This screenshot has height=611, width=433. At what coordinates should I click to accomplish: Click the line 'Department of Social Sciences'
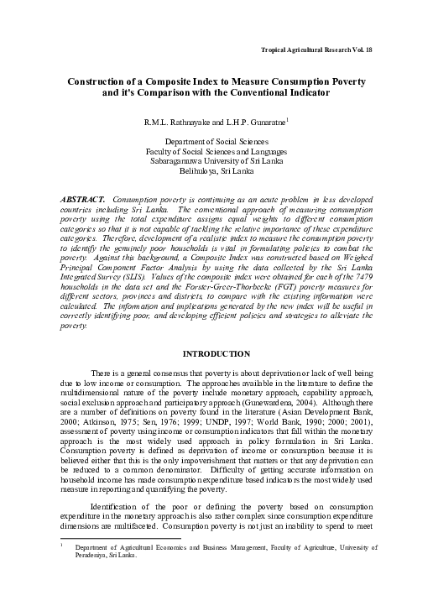(216, 144)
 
